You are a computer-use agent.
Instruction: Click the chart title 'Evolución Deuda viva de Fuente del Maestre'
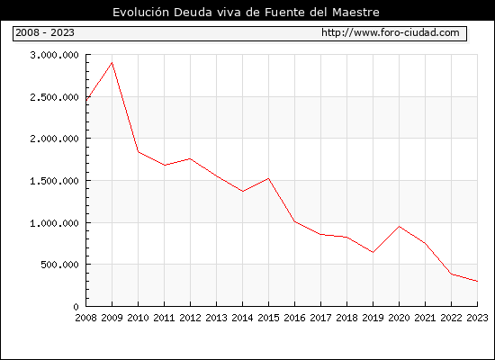click(x=246, y=13)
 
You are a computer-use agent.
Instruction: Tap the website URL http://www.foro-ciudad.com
click(x=391, y=32)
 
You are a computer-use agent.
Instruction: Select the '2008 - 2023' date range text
click(x=45, y=32)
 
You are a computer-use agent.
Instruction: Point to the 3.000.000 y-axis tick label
click(x=54, y=55)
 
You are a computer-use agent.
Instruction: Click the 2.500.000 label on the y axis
click(x=54, y=97)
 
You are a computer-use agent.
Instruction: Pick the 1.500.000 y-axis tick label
click(x=54, y=181)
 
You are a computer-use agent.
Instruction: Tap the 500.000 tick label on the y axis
click(x=59, y=265)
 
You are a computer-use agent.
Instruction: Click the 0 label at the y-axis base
click(x=76, y=307)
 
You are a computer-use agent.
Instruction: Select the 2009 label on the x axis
click(x=112, y=318)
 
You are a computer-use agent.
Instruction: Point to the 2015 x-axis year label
click(x=269, y=318)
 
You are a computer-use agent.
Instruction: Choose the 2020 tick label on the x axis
click(x=399, y=318)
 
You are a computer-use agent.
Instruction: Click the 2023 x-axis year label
click(x=477, y=318)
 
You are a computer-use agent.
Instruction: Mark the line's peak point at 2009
click(x=112, y=62)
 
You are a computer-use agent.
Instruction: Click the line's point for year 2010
click(x=139, y=152)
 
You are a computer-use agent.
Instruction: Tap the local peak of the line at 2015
click(x=269, y=179)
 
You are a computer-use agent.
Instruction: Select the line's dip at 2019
click(x=373, y=252)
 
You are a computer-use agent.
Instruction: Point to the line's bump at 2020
click(x=399, y=227)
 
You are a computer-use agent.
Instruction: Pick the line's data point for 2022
click(x=452, y=274)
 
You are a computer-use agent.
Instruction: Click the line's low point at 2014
click(x=242, y=192)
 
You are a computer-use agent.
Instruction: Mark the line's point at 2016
click(x=295, y=221)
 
